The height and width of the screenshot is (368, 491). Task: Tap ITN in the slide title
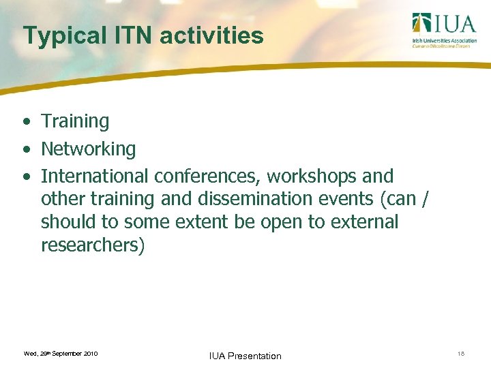coord(136,35)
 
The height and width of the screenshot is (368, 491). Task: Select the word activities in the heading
coord(211,35)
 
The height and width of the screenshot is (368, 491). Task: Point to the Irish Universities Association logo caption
coord(441,43)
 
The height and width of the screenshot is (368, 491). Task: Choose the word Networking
coord(89,149)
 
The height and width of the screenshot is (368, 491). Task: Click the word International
coord(95,176)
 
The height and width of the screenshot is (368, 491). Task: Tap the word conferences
coord(207,176)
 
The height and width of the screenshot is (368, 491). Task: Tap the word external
coord(361,222)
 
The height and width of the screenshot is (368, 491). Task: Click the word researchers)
coord(93,245)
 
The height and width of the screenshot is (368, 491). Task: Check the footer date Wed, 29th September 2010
coord(61,354)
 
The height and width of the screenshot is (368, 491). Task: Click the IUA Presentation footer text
coord(245,356)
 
